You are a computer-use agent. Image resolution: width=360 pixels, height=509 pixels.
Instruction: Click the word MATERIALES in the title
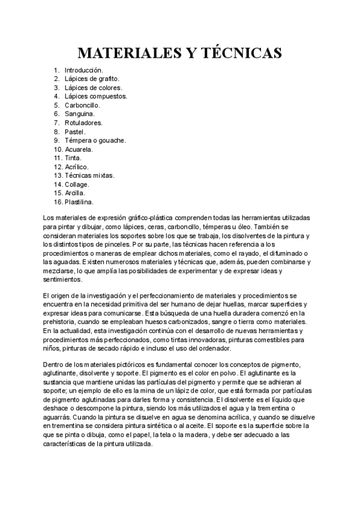127,53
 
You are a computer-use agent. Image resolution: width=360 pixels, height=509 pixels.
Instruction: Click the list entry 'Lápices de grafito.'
92,79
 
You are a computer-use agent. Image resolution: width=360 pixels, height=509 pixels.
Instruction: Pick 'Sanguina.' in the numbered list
79,113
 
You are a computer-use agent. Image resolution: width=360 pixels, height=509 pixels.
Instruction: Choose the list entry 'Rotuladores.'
83,122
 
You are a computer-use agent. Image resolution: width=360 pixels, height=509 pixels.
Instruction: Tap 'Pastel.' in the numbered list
76,131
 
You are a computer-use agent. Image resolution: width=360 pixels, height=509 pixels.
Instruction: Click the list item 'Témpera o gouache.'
95,140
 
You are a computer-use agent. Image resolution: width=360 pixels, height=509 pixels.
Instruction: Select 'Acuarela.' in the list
79,149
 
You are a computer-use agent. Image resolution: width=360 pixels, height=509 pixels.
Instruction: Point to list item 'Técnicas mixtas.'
89,175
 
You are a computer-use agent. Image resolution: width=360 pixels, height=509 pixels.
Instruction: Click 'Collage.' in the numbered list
77,184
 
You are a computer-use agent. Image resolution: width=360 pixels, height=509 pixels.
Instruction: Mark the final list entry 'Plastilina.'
79,202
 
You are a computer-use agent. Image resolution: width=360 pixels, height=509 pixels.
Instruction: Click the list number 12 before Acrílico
58,166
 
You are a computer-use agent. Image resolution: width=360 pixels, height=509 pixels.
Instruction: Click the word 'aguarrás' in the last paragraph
59,415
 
